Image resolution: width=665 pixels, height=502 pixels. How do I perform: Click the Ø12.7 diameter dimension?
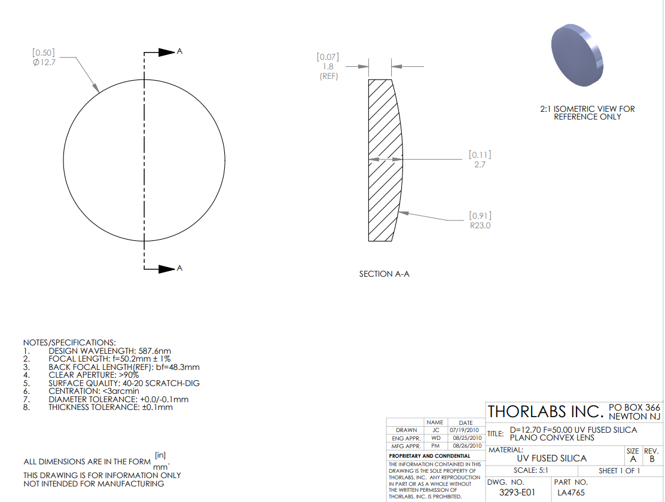coord(44,62)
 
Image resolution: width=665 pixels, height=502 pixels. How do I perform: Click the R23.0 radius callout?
coord(480,225)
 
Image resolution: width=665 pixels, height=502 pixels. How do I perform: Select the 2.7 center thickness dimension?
coord(480,164)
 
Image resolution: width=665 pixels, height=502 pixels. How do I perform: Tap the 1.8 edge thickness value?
coord(328,66)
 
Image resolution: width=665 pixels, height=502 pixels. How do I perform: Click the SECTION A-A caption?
coord(385,274)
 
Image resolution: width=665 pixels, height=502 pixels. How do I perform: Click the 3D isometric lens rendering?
coord(577,55)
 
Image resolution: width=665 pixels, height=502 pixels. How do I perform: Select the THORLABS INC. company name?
coord(545,412)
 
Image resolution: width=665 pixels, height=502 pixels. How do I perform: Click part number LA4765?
coord(571,492)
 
